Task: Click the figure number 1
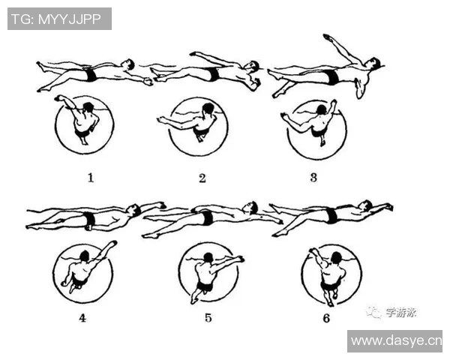pyautogui.click(x=91, y=178)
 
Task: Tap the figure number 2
pyautogui.click(x=202, y=178)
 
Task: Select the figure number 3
pyautogui.click(x=313, y=178)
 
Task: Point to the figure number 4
pyautogui.click(x=82, y=318)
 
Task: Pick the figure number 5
pyautogui.click(x=208, y=318)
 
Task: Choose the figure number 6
pyautogui.click(x=326, y=318)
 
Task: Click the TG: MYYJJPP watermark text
pyautogui.click(x=56, y=19)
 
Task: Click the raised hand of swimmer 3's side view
pyautogui.click(x=328, y=37)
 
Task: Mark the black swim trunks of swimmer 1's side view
pyautogui.click(x=91, y=74)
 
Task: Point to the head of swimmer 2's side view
pyautogui.click(x=253, y=66)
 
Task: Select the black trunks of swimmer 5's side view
pyautogui.click(x=207, y=217)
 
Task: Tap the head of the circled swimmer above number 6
pyautogui.click(x=336, y=257)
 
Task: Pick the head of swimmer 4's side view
pyautogui.click(x=133, y=209)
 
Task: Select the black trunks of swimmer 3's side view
pyautogui.click(x=332, y=76)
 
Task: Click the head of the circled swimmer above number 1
pyautogui.click(x=88, y=108)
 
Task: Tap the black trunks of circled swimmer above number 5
pyautogui.click(x=205, y=286)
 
